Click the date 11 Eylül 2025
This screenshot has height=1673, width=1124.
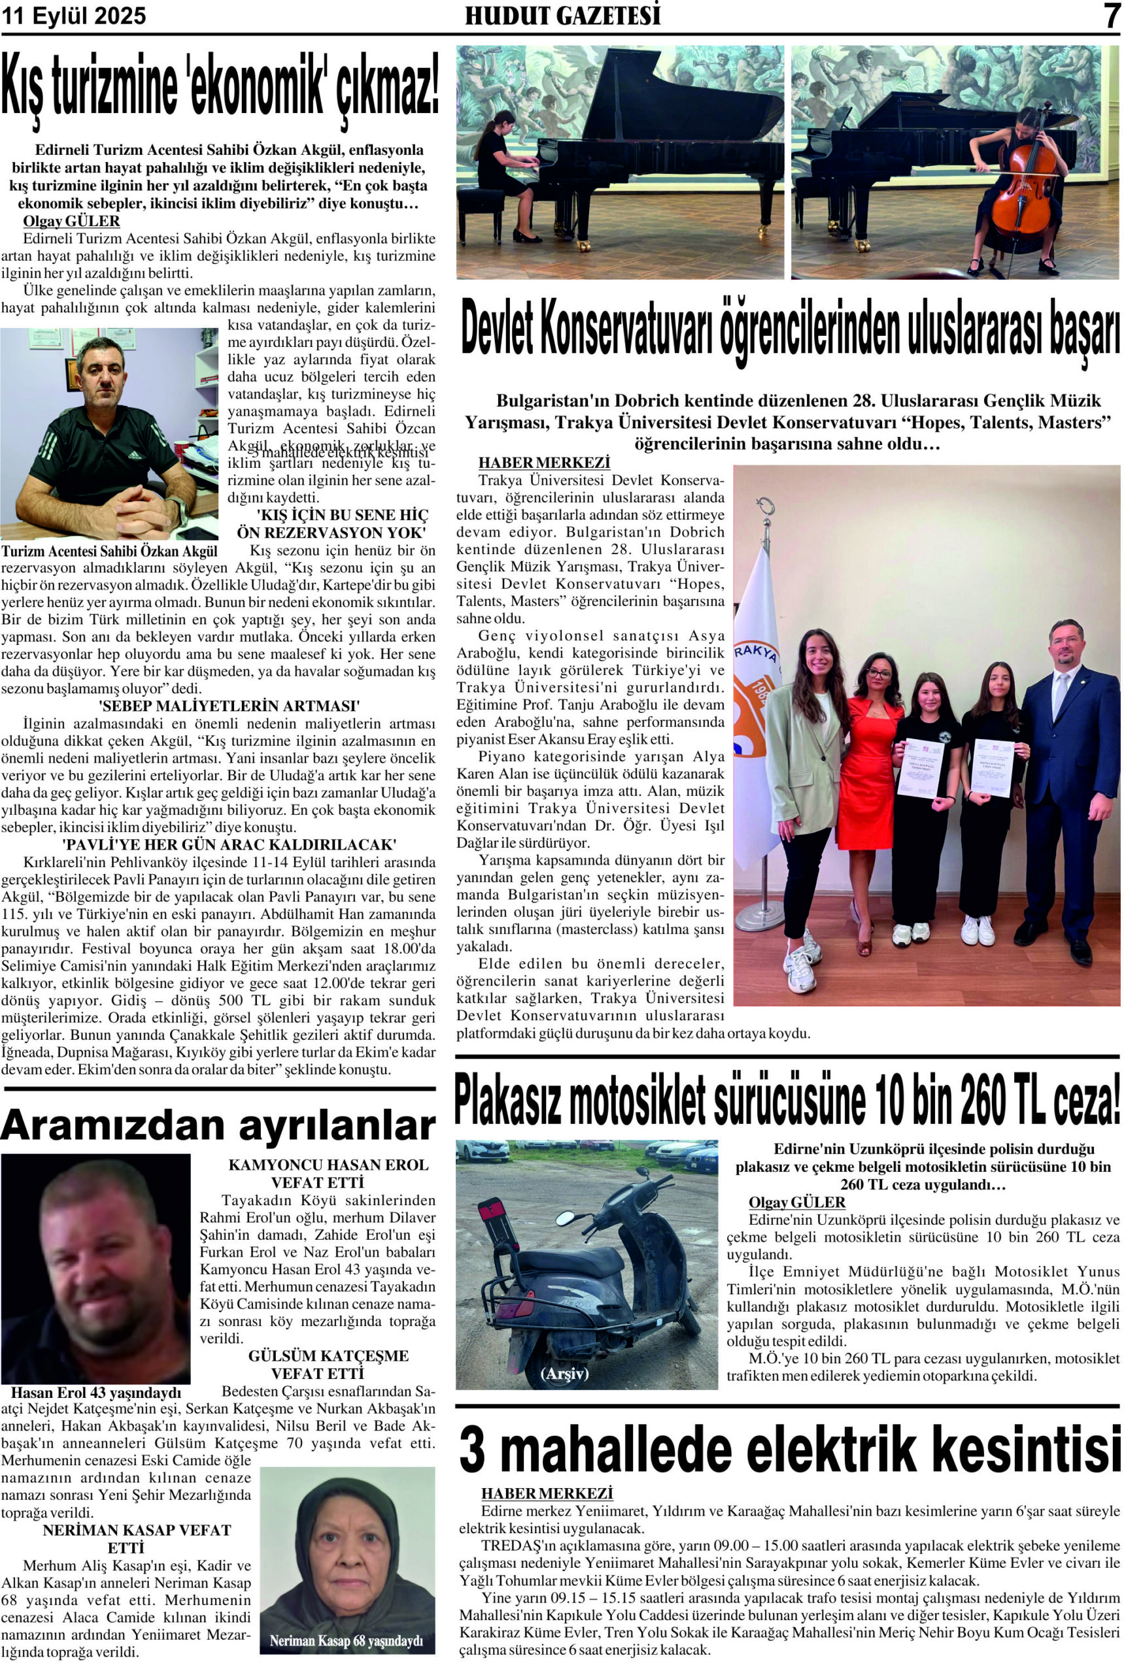(74, 16)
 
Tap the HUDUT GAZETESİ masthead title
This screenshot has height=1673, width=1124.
(563, 16)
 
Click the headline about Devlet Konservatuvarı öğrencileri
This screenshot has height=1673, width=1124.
(789, 332)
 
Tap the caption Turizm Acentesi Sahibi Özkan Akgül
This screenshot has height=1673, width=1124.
(110, 551)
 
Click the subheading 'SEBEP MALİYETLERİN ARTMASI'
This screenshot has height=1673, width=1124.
(229, 704)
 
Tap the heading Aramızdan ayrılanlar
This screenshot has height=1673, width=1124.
(218, 1125)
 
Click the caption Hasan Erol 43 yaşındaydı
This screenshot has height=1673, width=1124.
(96, 1393)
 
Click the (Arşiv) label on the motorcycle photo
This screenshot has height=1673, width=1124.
(565, 1374)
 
